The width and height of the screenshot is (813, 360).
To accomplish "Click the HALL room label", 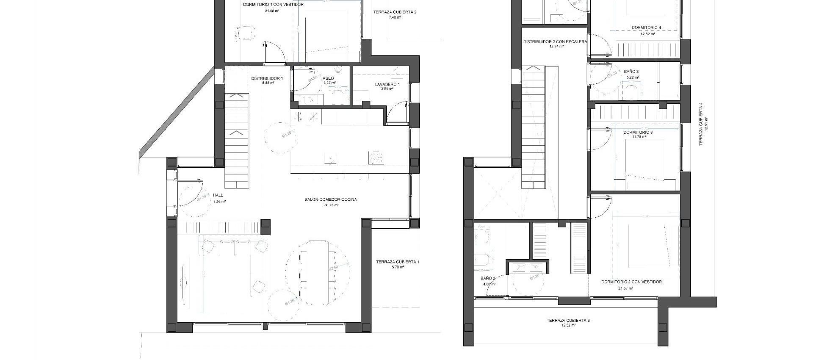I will pyautogui.click(x=218, y=195).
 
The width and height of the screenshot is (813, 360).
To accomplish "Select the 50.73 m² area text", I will pyautogui.click(x=331, y=205).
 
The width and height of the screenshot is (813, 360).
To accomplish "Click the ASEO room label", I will pyautogui.click(x=328, y=78).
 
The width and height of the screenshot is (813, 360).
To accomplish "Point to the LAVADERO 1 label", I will pyautogui.click(x=387, y=84).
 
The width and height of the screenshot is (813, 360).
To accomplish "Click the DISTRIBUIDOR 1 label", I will pyautogui.click(x=267, y=78).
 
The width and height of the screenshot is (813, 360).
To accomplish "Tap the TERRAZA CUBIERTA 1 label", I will pyautogui.click(x=398, y=262).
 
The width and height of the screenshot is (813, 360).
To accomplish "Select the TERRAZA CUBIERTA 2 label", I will pyautogui.click(x=395, y=12).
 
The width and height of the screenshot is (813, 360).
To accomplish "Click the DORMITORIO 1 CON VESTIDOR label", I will pyautogui.click(x=273, y=5).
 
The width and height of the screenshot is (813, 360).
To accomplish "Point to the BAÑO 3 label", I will pyautogui.click(x=631, y=72).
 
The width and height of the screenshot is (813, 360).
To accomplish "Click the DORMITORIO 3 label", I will pyautogui.click(x=638, y=133).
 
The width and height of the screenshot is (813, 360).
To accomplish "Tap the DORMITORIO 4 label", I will pyautogui.click(x=646, y=28).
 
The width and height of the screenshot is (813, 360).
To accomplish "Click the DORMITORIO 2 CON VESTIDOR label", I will pyautogui.click(x=631, y=282).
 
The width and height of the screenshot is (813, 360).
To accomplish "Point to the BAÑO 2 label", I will pyautogui.click(x=488, y=279).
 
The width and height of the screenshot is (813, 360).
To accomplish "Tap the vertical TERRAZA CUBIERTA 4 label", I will pyautogui.click(x=701, y=124).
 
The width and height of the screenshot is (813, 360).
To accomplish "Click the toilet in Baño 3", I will pyautogui.click(x=632, y=92).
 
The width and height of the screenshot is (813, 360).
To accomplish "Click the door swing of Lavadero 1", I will pyautogui.click(x=398, y=114).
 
